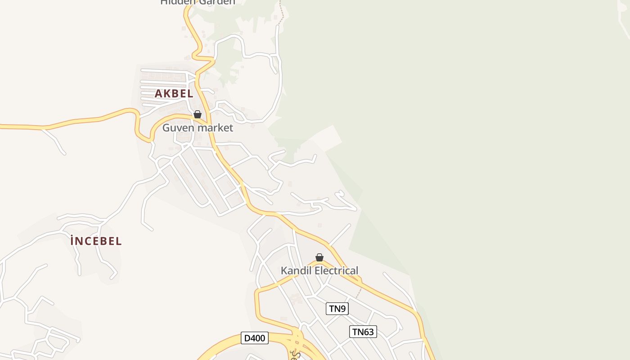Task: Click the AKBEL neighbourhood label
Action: click(174, 94)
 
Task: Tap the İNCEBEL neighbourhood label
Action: click(96, 241)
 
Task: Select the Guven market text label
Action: click(198, 128)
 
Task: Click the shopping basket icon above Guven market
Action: click(197, 114)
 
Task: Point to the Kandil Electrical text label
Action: click(319, 270)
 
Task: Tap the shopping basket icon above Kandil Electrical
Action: click(319, 257)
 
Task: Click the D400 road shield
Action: click(255, 338)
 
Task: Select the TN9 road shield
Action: click(337, 309)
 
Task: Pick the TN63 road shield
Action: click(363, 332)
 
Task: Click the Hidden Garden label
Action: click(198, 2)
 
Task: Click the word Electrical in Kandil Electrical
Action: click(336, 270)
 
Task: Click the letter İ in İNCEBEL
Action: click(72, 241)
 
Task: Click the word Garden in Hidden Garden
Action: click(216, 2)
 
